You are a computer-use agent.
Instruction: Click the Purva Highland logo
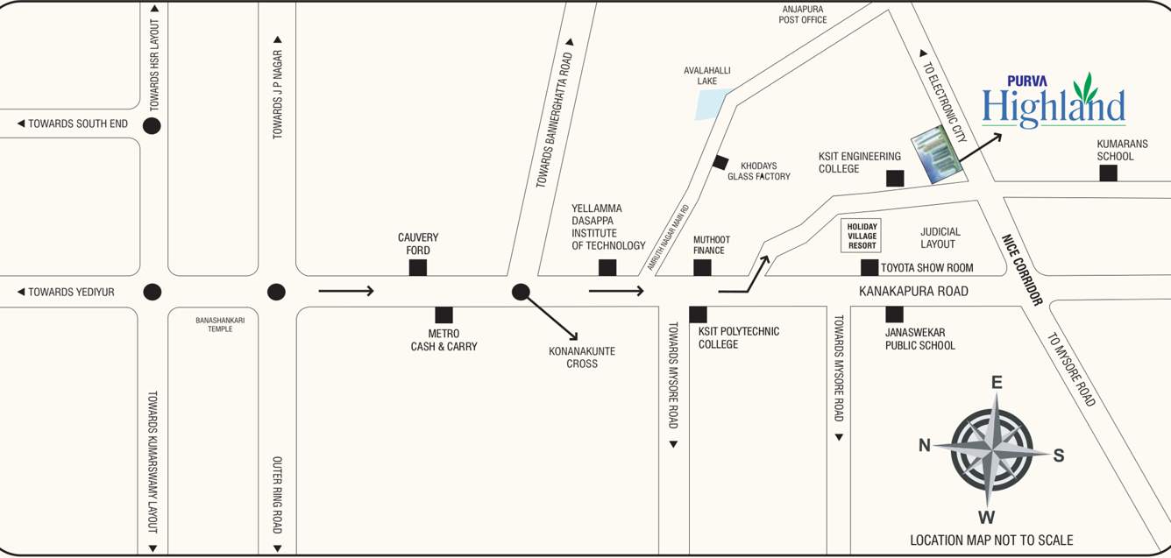[x=1054, y=101]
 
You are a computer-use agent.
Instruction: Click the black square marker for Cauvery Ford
[x=418, y=267]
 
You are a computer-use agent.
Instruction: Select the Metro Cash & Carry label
[x=444, y=340]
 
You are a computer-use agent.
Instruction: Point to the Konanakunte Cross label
[x=582, y=357]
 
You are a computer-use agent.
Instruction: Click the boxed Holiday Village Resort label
[x=862, y=236]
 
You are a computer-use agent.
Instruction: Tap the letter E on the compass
[x=997, y=383]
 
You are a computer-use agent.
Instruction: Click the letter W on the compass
[x=986, y=516]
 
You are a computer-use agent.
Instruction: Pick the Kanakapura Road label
[x=913, y=291]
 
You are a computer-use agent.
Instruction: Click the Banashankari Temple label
[x=220, y=324]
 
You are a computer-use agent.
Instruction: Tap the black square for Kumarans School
[x=1108, y=173]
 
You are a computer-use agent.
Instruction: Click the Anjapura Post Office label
[x=803, y=14]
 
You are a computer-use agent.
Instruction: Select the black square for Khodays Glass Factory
[x=720, y=162]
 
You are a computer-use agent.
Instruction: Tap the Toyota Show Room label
[x=927, y=268]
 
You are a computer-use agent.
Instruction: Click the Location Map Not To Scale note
[x=991, y=540]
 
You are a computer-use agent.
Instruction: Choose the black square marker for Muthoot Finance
[x=702, y=267]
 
